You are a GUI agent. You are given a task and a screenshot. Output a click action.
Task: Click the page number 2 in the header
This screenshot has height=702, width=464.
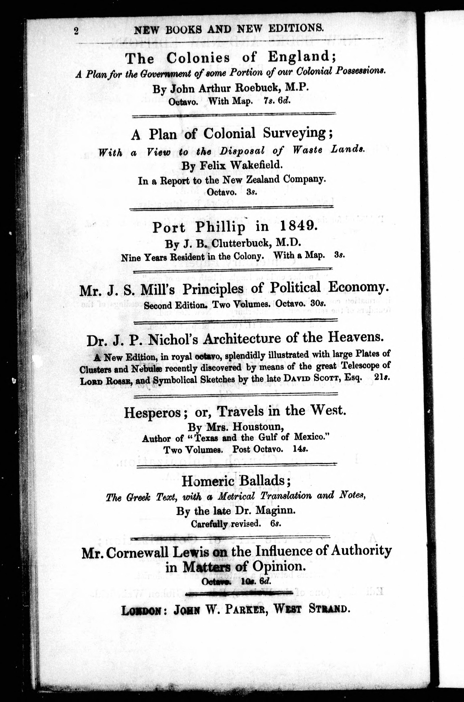tap(76, 31)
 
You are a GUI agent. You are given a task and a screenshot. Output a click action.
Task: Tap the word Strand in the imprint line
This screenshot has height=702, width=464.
tap(329, 609)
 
